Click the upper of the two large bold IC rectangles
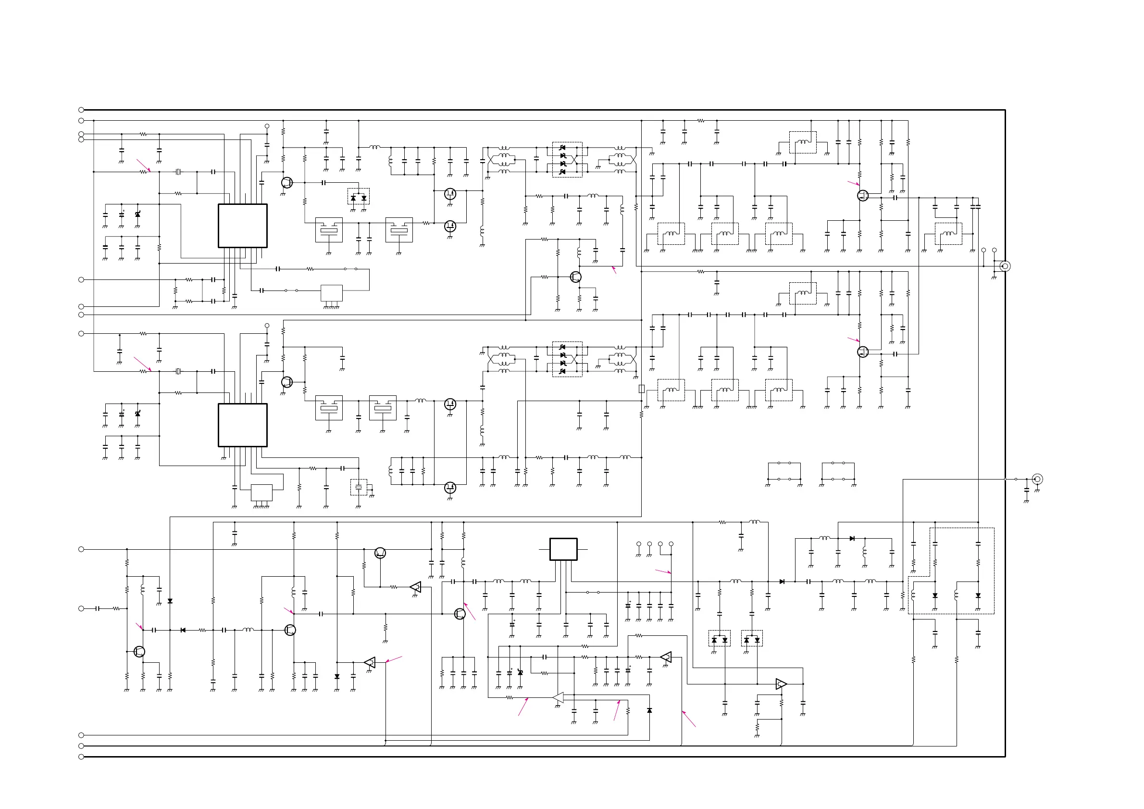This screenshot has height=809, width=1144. coord(243,226)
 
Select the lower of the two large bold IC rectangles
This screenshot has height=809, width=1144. coord(243,425)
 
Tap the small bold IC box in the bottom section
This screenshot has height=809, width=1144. coord(563,549)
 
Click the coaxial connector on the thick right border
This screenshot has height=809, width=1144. coord(1005,266)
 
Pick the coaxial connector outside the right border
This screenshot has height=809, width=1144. coord(1037,479)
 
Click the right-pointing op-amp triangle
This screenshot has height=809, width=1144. coord(781,684)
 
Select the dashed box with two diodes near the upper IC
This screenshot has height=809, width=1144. coord(358,196)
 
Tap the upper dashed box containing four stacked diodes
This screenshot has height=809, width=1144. coord(567,160)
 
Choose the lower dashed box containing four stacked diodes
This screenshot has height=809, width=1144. coord(567,359)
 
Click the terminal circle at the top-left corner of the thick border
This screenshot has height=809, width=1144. coord(81,110)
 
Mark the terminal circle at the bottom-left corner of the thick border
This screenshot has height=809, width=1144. coord(81,757)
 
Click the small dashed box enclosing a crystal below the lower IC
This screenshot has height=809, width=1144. coord(359,487)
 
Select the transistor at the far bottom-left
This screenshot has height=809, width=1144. coord(139,652)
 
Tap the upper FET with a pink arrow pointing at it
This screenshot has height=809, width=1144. coord(863,196)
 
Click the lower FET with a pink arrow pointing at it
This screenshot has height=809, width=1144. coord(863,352)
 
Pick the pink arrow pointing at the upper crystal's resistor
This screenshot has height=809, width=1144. coord(143,165)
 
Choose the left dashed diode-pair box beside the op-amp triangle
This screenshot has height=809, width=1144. coord(720,639)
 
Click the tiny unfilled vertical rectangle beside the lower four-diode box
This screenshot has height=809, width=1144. coord(642,389)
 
